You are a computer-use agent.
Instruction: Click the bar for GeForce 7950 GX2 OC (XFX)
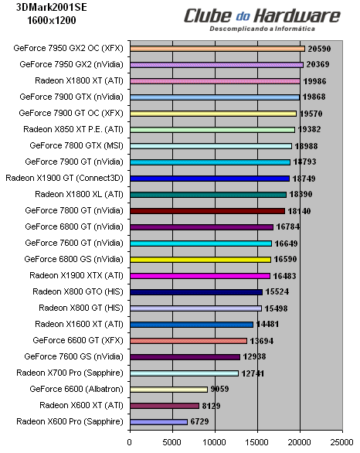[x=217, y=48]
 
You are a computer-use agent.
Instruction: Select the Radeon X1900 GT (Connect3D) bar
[x=209, y=178]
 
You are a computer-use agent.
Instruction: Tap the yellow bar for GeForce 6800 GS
[x=200, y=259]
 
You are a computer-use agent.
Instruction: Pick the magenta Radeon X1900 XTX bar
[x=199, y=275]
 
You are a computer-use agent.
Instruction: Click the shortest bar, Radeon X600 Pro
[x=158, y=422]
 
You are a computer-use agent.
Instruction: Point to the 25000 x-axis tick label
[x=342, y=443]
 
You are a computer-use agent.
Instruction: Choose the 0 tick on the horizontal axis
[x=130, y=443]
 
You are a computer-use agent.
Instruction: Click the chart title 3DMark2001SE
[x=47, y=9]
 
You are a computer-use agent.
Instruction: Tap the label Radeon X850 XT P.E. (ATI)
[x=73, y=129]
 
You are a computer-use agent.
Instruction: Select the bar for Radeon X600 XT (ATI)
[x=164, y=406]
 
